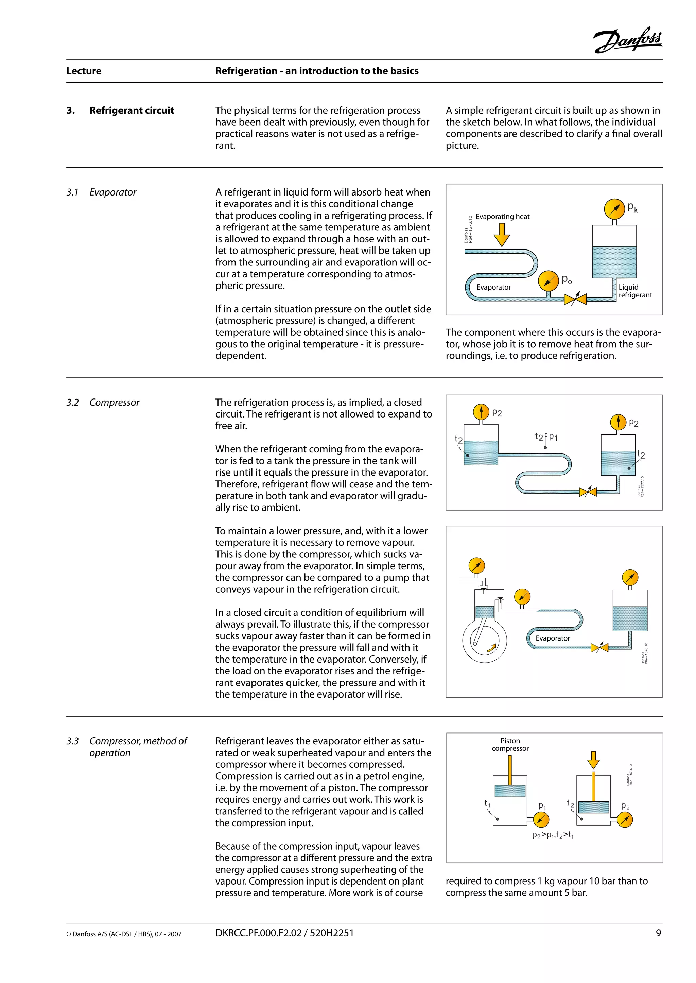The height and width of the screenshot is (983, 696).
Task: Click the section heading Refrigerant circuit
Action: (x=131, y=110)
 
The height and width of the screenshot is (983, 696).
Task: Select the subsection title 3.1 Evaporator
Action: (x=101, y=192)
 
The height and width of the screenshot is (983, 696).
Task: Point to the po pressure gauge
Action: (x=549, y=281)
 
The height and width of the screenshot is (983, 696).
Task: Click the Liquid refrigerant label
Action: (x=635, y=291)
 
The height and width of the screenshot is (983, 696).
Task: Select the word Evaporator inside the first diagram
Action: (x=493, y=287)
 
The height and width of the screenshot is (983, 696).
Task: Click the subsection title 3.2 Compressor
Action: (x=103, y=403)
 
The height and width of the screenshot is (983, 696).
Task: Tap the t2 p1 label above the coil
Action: (x=546, y=437)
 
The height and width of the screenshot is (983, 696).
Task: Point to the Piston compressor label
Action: (x=510, y=744)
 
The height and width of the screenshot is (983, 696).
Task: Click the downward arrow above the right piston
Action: (x=593, y=760)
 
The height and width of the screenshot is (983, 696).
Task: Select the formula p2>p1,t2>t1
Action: (x=553, y=835)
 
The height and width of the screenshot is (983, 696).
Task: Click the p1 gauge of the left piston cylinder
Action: (x=541, y=820)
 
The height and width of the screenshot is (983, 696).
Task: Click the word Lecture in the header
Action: (x=84, y=71)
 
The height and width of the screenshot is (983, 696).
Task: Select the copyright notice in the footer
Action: (x=123, y=934)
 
